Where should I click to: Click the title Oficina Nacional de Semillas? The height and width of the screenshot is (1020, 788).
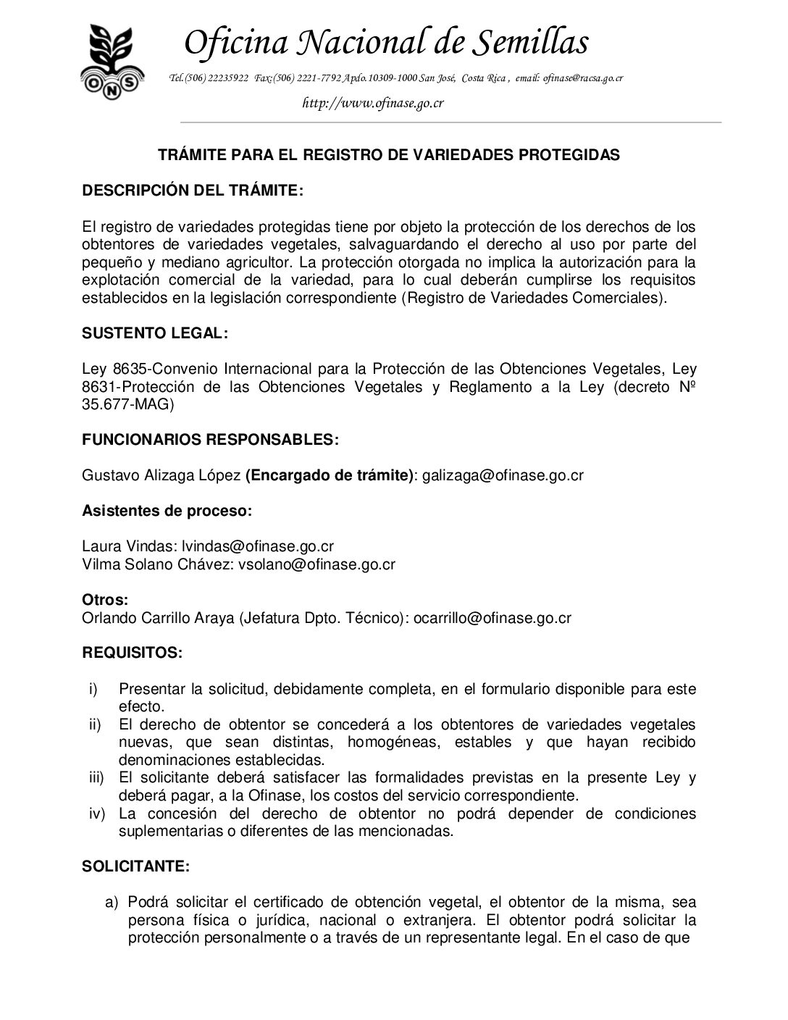click(385, 42)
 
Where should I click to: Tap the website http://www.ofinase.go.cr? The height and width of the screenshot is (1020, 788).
click(372, 103)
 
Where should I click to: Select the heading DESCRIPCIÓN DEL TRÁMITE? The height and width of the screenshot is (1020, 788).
click(192, 191)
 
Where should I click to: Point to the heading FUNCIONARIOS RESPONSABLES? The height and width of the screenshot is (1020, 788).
click(209, 439)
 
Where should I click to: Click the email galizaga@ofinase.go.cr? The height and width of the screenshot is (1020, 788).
click(503, 475)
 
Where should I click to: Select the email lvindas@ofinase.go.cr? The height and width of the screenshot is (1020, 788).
click(257, 545)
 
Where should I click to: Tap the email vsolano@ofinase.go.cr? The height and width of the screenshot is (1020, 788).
click(317, 563)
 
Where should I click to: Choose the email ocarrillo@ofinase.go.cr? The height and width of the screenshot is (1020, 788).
click(492, 618)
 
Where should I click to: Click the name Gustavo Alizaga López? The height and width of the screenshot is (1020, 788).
click(162, 475)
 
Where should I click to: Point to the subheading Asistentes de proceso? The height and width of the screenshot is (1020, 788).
click(167, 510)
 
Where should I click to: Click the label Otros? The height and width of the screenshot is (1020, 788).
click(105, 601)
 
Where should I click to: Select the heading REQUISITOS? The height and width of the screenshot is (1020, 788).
click(132, 652)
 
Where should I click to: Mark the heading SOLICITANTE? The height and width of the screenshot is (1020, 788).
click(136, 866)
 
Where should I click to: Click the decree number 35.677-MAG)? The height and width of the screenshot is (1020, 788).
click(128, 404)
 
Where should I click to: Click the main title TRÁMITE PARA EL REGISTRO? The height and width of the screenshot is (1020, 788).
click(389, 155)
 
